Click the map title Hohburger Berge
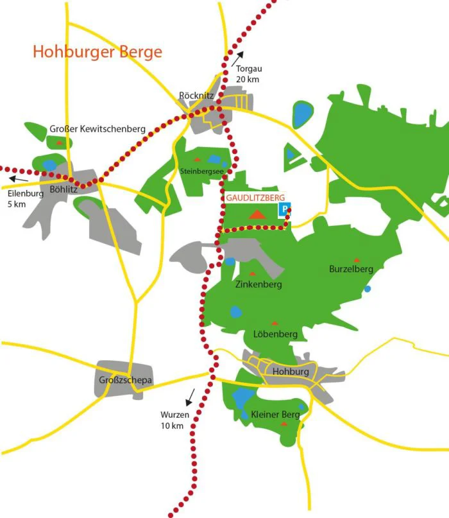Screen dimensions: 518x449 click(x=98, y=51)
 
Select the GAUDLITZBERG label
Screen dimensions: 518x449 click(x=256, y=198)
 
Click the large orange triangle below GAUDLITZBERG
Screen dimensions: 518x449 click(x=257, y=214)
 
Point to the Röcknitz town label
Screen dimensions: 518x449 click(x=196, y=96)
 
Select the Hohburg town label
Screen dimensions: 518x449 click(x=291, y=372)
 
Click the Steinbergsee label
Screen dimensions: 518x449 click(x=202, y=171)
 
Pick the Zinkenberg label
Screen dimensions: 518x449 click(x=258, y=284)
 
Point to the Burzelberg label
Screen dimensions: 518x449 click(x=351, y=269)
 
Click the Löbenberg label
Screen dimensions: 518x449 click(x=275, y=334)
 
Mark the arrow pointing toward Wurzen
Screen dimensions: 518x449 click(x=189, y=398)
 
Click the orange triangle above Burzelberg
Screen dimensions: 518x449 click(x=357, y=260)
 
